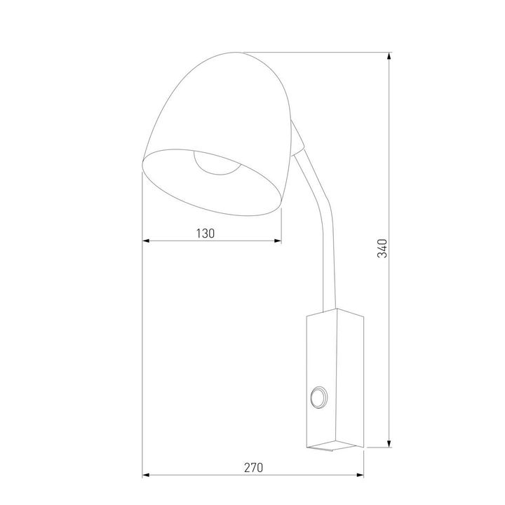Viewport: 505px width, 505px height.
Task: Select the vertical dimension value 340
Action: coord(382,248)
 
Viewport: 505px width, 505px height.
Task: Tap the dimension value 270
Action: coord(253,468)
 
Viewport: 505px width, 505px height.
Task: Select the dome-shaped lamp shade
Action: coord(217,105)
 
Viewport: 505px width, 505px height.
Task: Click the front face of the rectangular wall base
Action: coord(322,365)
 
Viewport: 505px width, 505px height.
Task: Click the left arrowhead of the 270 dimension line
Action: coord(147,476)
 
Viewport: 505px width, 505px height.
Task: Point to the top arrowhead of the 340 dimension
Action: coord(389,56)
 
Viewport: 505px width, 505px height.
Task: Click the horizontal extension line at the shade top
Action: coord(316,51)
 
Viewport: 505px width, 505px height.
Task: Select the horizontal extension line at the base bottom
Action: coord(379,447)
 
